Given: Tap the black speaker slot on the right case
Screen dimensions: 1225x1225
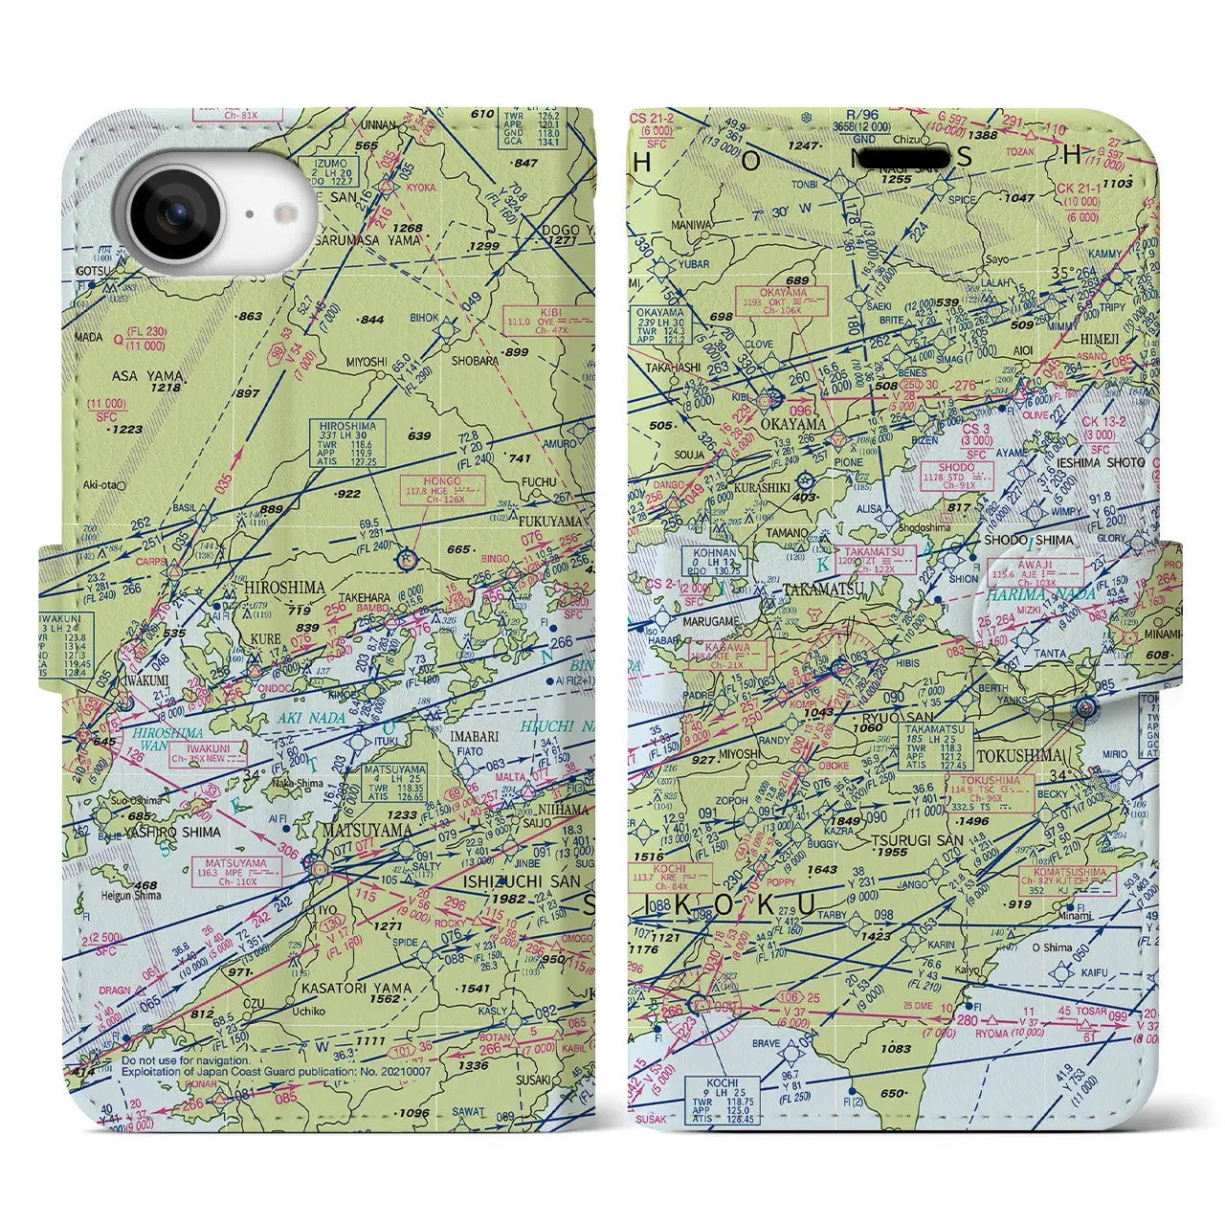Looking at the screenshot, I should click(x=903, y=158).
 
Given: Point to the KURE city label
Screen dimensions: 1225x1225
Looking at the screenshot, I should click(x=265, y=638).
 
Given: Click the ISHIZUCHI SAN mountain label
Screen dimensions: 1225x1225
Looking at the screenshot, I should click(x=522, y=880).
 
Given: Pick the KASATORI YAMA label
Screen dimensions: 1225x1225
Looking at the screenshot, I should click(x=356, y=988).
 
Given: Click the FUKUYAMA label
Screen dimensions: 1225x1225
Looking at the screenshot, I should click(x=550, y=522).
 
